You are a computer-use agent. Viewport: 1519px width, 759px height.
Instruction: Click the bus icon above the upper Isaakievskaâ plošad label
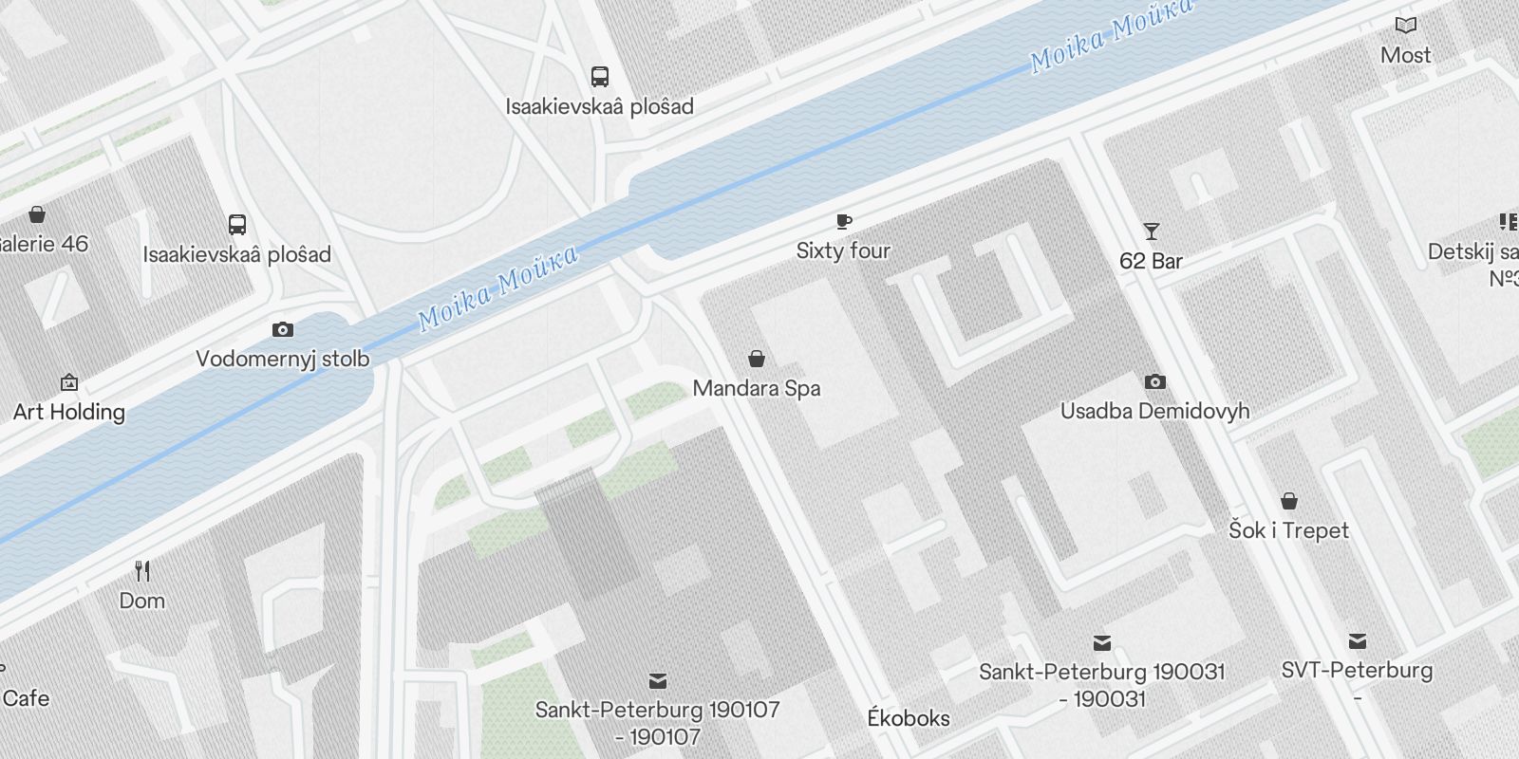click(x=599, y=77)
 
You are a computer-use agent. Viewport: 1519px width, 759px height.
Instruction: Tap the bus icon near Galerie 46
click(x=237, y=225)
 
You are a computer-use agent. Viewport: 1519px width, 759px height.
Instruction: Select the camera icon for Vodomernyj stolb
click(x=282, y=330)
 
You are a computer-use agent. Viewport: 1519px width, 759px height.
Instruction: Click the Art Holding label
click(x=69, y=412)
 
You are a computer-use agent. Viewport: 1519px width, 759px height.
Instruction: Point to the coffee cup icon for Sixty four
click(x=843, y=222)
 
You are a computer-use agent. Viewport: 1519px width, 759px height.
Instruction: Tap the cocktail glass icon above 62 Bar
click(x=1152, y=231)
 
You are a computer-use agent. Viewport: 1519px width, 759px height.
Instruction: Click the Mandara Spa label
click(x=757, y=388)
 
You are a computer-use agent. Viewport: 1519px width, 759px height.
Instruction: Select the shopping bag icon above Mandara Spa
click(x=757, y=359)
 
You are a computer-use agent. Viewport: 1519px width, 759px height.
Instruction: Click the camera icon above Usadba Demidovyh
click(x=1154, y=382)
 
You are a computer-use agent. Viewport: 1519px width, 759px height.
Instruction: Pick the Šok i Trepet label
click(x=1288, y=530)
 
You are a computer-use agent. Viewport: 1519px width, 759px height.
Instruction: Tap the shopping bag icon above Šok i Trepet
click(x=1288, y=501)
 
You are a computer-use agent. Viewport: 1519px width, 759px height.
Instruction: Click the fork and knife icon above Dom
click(x=142, y=571)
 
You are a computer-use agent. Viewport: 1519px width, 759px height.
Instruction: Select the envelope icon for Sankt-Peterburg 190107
click(x=657, y=680)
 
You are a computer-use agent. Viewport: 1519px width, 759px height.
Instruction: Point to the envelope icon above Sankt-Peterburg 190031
click(x=1101, y=643)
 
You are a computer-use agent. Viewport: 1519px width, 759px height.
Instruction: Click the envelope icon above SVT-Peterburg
click(x=1358, y=641)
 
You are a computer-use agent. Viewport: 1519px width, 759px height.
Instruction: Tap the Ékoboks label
click(x=909, y=718)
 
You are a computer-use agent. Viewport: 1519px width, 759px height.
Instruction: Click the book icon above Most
click(x=1405, y=26)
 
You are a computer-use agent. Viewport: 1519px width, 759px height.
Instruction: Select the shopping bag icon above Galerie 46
click(x=37, y=214)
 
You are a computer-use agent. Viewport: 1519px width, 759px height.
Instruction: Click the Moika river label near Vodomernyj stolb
click(x=498, y=287)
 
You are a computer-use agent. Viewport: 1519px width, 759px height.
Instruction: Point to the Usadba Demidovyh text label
click(x=1154, y=411)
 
